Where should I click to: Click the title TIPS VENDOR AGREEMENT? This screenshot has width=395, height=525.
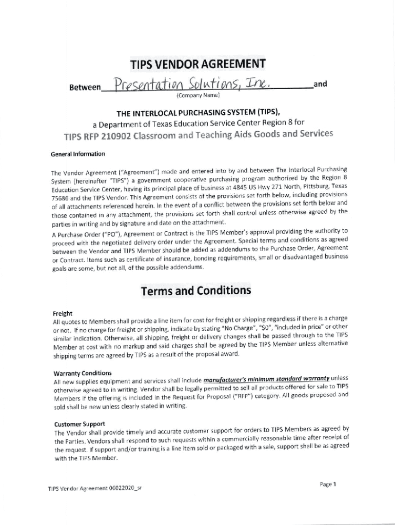click(x=197, y=65)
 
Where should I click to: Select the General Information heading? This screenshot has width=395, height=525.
click(x=78, y=154)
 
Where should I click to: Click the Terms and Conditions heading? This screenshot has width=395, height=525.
click(x=196, y=291)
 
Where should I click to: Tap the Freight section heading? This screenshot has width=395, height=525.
click(x=63, y=313)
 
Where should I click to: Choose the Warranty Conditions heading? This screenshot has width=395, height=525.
click(x=83, y=373)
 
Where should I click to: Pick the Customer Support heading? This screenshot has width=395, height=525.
click(x=80, y=424)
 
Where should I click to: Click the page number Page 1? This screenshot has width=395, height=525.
click(x=327, y=484)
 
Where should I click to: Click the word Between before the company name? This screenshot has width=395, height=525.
click(x=85, y=88)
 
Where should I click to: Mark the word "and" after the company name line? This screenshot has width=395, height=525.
click(x=321, y=84)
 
